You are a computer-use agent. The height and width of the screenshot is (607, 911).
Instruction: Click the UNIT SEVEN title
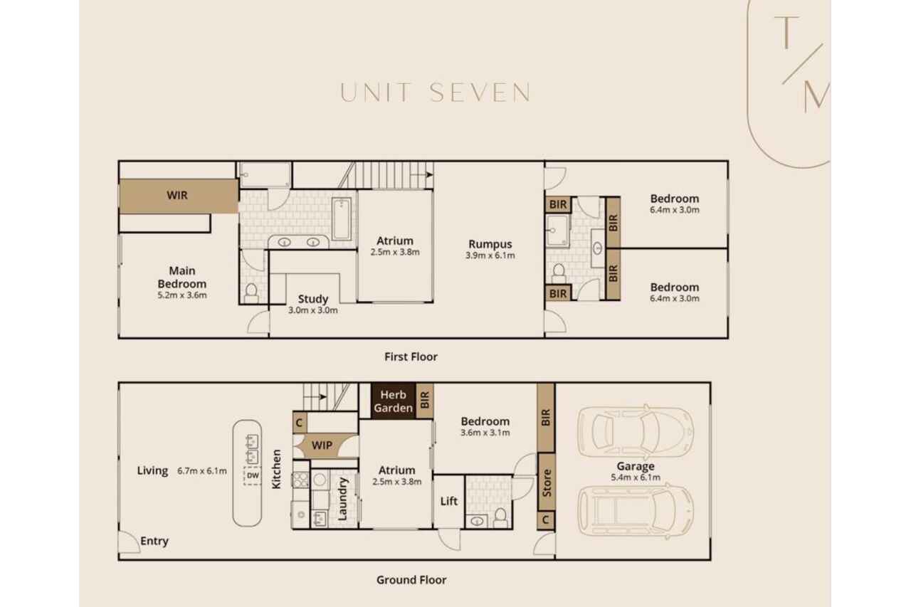click(x=435, y=93)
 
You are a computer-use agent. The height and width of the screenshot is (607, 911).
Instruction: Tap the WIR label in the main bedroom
click(x=177, y=195)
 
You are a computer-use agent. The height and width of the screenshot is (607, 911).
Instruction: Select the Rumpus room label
click(x=490, y=244)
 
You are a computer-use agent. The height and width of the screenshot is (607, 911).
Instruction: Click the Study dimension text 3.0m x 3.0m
click(x=312, y=310)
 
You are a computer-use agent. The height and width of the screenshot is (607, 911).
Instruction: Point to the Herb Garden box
click(x=394, y=401)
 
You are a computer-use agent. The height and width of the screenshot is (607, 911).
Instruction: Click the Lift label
click(x=449, y=501)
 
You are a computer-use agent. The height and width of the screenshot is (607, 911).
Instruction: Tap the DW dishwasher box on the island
click(x=253, y=475)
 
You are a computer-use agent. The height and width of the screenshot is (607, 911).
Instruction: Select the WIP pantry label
click(x=322, y=445)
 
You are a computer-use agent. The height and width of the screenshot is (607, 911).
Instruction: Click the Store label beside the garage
click(x=547, y=482)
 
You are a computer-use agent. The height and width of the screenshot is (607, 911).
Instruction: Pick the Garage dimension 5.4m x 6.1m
click(x=636, y=477)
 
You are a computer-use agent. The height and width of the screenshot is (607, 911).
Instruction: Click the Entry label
click(x=154, y=541)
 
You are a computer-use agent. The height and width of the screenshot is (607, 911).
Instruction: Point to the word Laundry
click(x=342, y=499)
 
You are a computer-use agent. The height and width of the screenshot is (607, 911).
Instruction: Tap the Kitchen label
click(x=276, y=469)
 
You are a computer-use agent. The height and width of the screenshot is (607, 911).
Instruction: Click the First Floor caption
click(x=411, y=357)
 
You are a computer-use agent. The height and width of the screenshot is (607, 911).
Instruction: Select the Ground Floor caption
click(x=411, y=580)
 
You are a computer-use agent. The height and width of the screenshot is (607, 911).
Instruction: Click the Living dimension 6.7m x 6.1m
click(x=201, y=471)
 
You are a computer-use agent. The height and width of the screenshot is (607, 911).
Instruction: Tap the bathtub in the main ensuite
click(x=341, y=218)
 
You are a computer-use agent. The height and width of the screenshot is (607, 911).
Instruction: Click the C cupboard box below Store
click(x=546, y=520)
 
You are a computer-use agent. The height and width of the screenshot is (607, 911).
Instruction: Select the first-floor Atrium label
click(x=394, y=241)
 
